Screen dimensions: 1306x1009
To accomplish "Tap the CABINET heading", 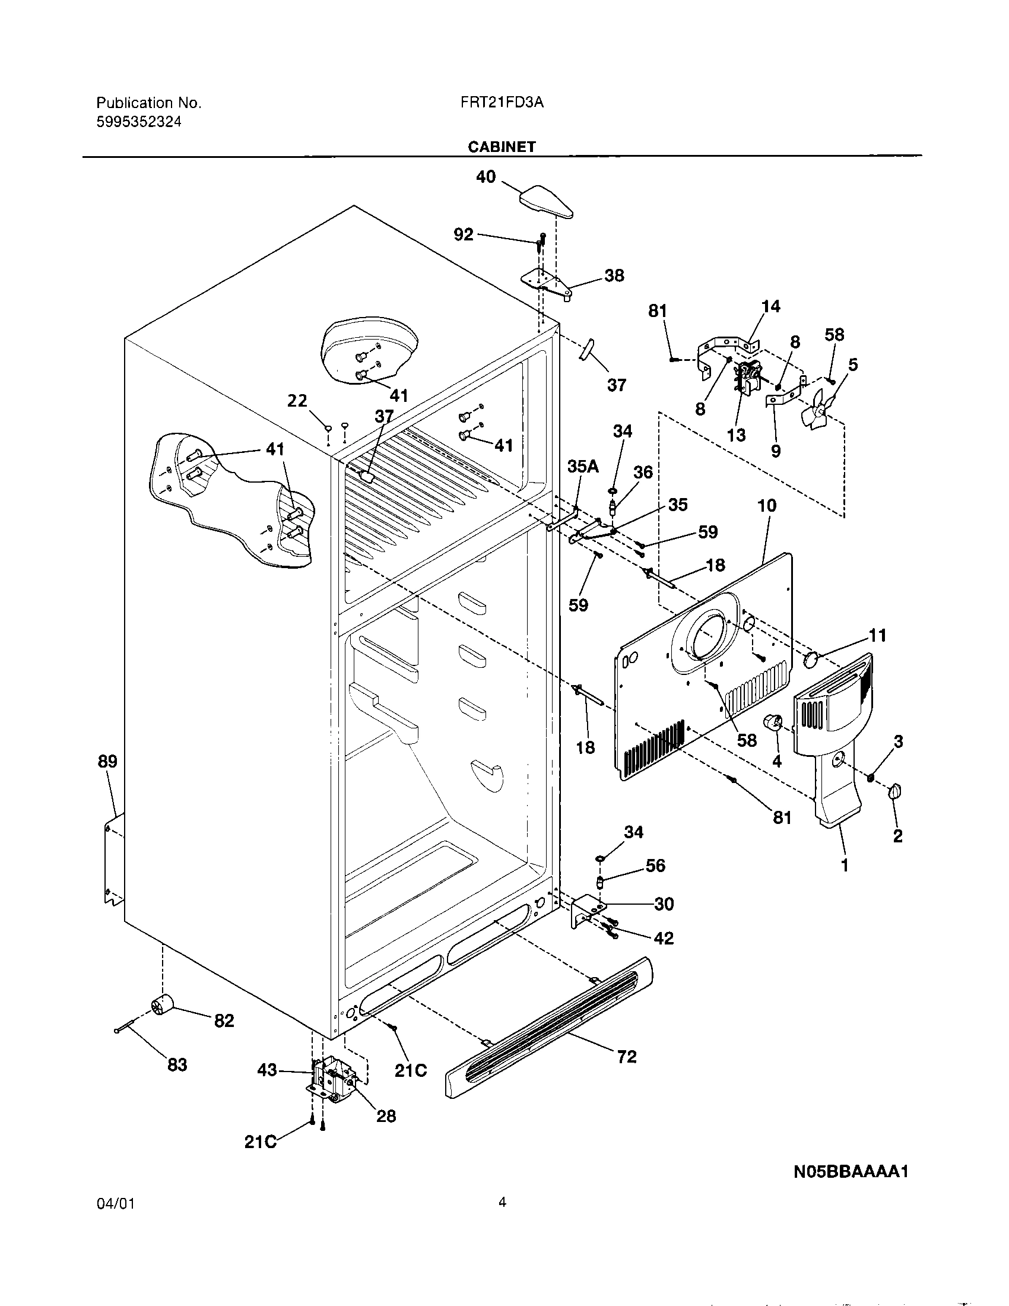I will tap(502, 147).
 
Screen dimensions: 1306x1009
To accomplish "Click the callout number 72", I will tap(626, 1057).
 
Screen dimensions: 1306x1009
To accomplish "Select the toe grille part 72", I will tap(549, 1028).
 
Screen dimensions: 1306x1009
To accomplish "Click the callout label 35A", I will tap(583, 467).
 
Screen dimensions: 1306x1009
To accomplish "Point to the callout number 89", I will tap(107, 761).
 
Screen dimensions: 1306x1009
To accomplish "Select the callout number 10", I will tap(767, 505).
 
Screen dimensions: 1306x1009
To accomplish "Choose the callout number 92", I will tap(464, 234).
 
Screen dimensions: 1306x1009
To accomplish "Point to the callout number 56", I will tap(655, 866).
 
